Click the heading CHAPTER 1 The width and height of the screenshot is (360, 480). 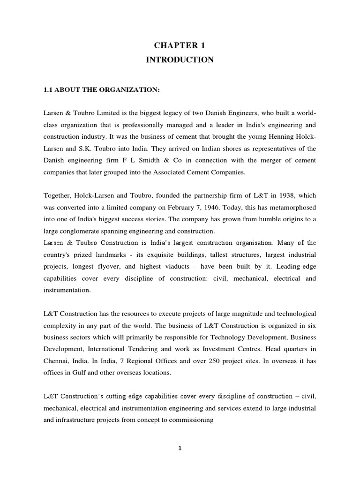pyautogui.click(x=180, y=45)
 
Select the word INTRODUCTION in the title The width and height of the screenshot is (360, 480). pyautogui.click(x=180, y=60)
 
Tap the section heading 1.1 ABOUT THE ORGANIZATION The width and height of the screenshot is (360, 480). pyautogui.click(x=102, y=89)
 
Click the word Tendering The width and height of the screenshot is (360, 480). pyautogui.click(x=139, y=349)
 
